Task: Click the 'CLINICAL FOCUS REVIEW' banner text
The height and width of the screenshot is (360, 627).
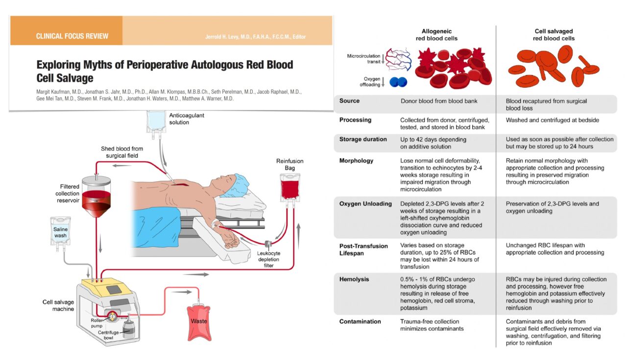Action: click(x=72, y=36)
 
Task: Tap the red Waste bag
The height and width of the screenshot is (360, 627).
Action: click(x=198, y=320)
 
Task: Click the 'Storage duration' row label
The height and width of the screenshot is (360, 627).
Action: click(x=363, y=139)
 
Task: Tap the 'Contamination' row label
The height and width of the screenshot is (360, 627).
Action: click(x=360, y=321)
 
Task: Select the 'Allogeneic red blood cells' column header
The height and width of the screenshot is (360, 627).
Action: click(x=436, y=34)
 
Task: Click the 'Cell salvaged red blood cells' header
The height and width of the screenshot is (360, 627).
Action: click(x=554, y=34)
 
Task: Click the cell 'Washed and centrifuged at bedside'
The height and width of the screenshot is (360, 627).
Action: click(x=552, y=120)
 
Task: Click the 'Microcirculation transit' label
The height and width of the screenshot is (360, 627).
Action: click(x=364, y=58)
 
